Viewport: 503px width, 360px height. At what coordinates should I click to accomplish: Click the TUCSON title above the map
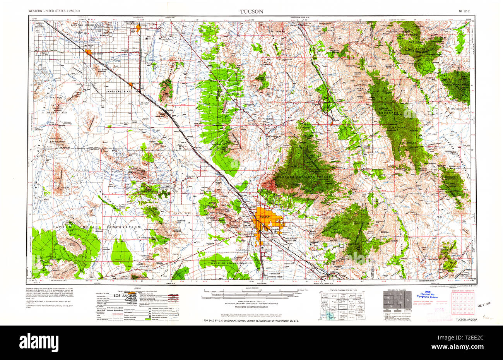[251, 12]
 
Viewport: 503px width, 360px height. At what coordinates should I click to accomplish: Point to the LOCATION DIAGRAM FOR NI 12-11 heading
[342, 290]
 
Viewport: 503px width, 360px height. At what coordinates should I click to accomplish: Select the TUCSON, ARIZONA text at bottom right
[467, 319]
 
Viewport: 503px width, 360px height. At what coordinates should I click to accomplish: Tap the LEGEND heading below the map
[137, 288]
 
